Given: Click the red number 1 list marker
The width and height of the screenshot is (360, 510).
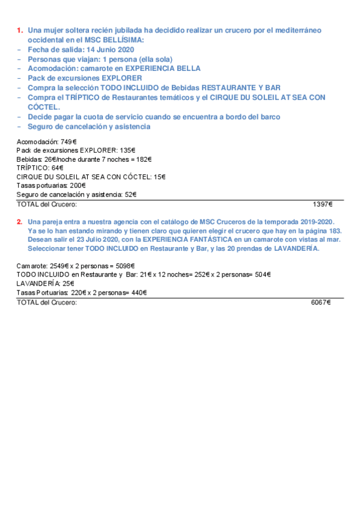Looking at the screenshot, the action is click(19, 29).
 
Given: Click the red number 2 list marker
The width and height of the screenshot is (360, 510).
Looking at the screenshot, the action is click(19, 223).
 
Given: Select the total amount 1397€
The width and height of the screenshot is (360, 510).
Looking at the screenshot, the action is click(322, 204).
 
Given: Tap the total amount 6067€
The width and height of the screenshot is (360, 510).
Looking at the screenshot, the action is click(321, 303).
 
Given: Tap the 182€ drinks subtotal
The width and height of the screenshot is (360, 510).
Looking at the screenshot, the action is click(143, 159).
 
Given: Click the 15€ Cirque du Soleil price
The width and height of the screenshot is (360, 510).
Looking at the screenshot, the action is click(159, 177).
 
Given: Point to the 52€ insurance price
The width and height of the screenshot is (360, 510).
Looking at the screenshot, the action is click(129, 194).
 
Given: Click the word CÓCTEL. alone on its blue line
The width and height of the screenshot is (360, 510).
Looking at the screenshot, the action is click(44, 107).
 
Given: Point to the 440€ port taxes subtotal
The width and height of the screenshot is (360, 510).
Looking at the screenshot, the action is click(138, 292).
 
